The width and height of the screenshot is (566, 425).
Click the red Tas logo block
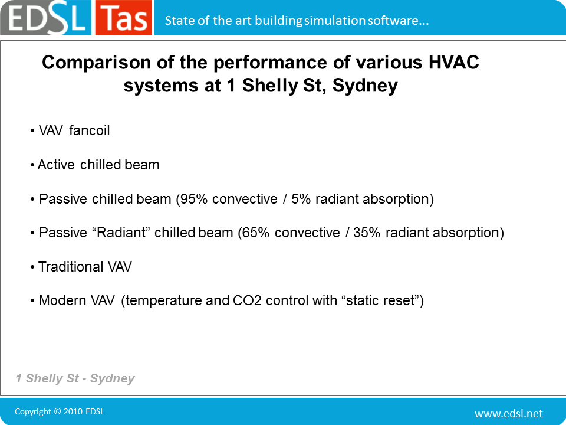(x=123, y=18)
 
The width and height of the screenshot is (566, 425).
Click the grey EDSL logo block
(x=46, y=18)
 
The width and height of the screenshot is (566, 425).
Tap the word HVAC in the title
(x=454, y=63)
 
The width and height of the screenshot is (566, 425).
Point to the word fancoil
(x=89, y=130)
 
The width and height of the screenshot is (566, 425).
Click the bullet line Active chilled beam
(x=94, y=165)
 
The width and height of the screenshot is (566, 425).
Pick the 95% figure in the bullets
(x=193, y=199)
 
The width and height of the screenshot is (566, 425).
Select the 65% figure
(x=255, y=233)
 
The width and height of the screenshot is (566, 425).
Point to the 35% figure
(x=367, y=233)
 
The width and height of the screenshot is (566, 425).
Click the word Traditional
(x=71, y=267)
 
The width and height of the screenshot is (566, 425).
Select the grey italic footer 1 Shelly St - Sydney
(x=75, y=378)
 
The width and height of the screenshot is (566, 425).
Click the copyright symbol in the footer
(x=57, y=411)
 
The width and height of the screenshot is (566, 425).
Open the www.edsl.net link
(x=509, y=413)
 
